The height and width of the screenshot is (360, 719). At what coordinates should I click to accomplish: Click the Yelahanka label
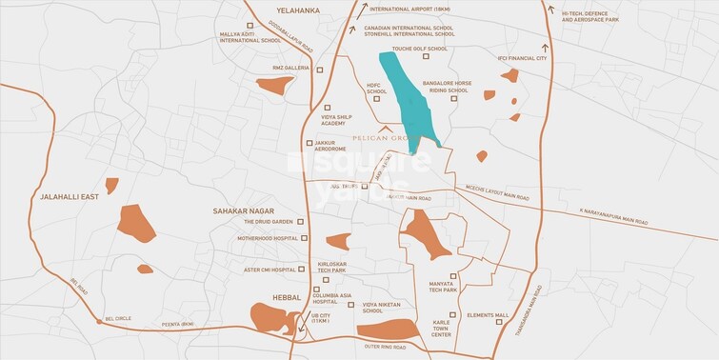pos(292,10)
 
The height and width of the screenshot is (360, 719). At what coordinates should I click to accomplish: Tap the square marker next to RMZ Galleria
pos(320,70)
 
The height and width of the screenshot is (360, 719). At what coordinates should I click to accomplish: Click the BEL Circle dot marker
pos(98,320)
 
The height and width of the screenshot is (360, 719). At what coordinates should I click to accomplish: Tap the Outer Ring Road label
pos(385,348)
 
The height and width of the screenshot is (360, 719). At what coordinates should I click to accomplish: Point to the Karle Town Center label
pos(441,330)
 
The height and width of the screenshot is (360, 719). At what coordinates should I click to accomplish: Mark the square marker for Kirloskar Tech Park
pos(325,279)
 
